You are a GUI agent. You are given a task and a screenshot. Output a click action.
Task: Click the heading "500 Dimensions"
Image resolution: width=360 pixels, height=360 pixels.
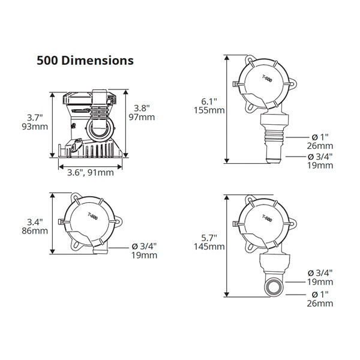tap(85, 61)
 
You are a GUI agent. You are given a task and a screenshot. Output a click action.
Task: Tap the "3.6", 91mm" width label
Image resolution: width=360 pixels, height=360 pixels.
tap(89, 173)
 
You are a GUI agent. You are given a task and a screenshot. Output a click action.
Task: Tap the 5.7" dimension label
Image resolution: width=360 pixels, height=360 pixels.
tap(206, 237)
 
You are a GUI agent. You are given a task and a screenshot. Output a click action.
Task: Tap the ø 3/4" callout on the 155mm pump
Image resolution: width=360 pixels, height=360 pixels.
tap(319, 156)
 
